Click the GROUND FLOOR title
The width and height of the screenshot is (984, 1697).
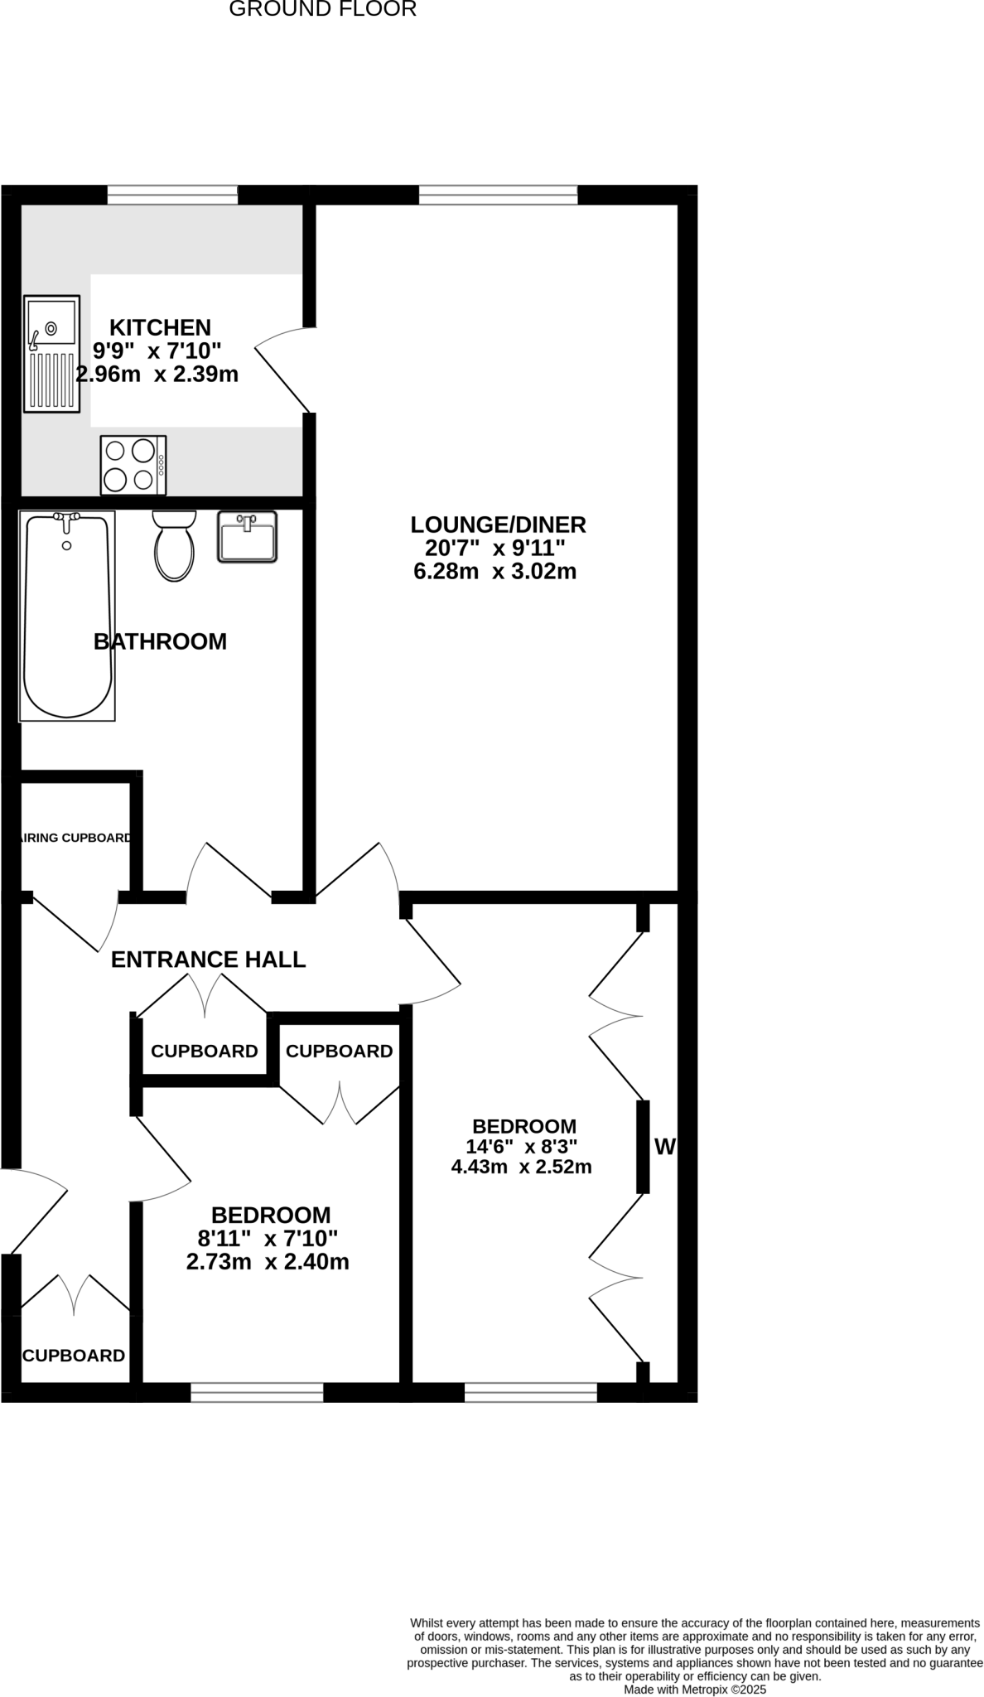tap(322, 10)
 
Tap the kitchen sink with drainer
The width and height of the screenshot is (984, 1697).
tap(52, 354)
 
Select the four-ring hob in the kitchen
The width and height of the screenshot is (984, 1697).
tap(133, 465)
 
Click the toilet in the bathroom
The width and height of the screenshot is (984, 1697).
tap(174, 545)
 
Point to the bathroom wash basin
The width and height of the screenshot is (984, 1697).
tap(247, 537)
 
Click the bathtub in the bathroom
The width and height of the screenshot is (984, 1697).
tap(67, 616)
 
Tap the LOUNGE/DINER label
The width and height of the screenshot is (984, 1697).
tap(498, 525)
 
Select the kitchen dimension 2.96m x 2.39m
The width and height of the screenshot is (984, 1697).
tap(157, 375)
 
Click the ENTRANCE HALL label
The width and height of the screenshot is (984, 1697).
tap(208, 960)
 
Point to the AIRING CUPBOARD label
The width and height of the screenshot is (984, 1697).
tap(75, 838)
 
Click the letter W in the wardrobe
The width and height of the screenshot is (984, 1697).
tap(665, 1147)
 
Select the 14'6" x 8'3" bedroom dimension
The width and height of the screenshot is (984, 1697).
tap(521, 1147)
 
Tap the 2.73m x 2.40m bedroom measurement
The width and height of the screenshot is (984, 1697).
tap(268, 1262)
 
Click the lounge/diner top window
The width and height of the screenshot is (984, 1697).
tap(498, 195)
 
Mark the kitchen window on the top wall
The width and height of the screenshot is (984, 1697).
tap(172, 195)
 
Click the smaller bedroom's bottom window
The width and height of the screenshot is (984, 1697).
tap(257, 1392)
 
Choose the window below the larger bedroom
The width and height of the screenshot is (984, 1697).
tap(530, 1392)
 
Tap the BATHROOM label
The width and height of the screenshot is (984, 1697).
tap(160, 641)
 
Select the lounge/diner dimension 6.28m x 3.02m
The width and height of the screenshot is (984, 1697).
tap(494, 571)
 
